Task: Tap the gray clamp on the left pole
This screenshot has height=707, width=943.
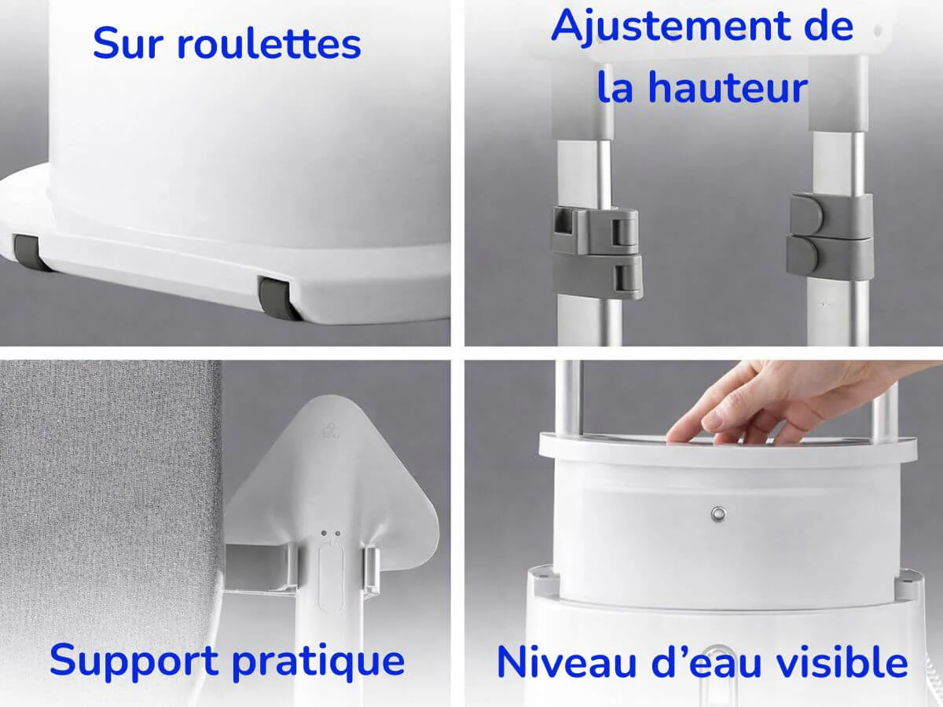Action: [x=597, y=251]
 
